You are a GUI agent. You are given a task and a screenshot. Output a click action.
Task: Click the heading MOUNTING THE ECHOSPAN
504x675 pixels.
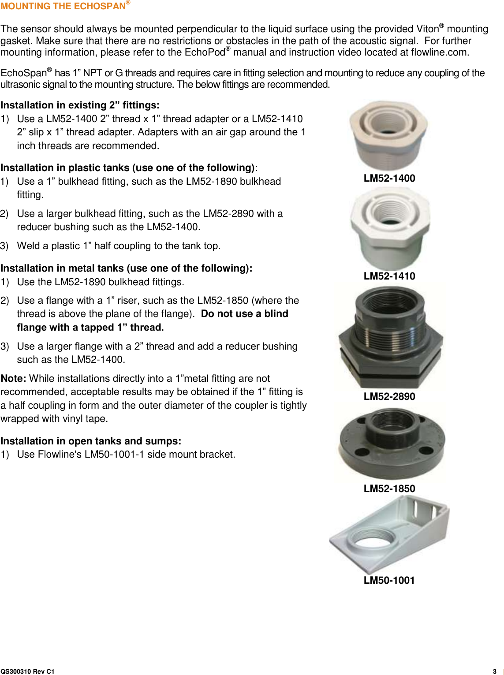[x=63, y=6]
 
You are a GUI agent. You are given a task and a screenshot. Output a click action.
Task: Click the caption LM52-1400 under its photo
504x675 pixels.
[x=389, y=178]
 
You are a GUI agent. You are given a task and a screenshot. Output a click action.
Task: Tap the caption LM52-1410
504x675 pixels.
[x=389, y=276]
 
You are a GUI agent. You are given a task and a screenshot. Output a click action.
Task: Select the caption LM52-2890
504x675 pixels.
[x=389, y=396]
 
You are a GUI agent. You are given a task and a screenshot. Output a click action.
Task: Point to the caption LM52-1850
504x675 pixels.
[x=389, y=489]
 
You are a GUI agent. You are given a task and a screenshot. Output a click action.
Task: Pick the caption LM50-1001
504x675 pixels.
[x=389, y=580]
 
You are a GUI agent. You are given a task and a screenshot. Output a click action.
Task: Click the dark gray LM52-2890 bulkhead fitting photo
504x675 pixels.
[x=391, y=337]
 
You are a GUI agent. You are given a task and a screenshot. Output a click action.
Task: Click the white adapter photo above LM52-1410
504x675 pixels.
[x=390, y=228]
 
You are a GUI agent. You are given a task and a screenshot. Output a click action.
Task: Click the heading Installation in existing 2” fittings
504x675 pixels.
[x=80, y=105]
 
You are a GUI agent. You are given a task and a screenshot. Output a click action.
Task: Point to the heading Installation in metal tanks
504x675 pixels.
[x=126, y=268]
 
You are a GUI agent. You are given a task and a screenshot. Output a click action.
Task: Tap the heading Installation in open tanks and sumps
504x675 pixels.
[x=91, y=441]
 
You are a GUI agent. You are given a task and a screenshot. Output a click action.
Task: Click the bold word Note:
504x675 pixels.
[x=13, y=378]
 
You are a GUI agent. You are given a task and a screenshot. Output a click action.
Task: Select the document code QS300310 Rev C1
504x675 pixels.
[x=27, y=671]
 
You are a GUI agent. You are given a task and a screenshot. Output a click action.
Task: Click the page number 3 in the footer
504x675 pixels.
[x=494, y=671]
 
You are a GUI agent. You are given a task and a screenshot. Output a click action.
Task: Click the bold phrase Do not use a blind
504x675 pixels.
[x=244, y=313]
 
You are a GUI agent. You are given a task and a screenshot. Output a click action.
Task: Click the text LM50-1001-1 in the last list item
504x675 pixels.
[x=114, y=454]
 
